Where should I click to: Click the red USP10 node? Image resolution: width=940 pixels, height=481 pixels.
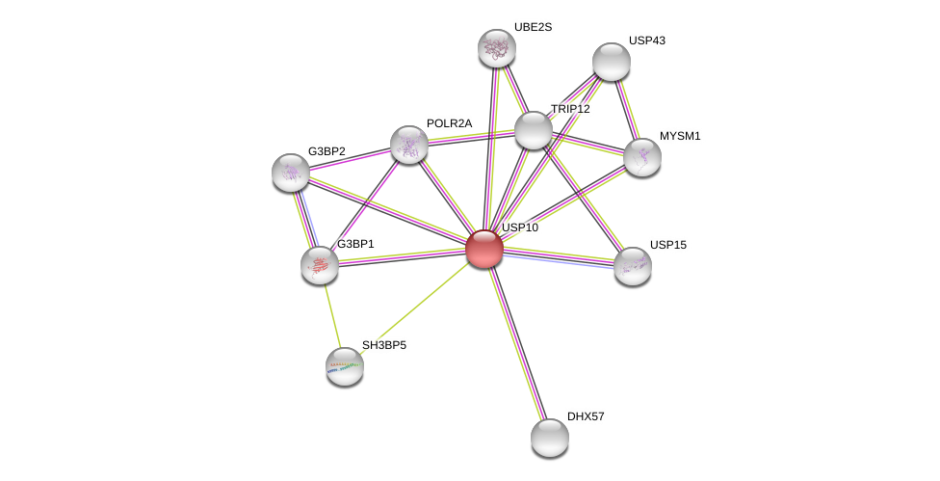483,248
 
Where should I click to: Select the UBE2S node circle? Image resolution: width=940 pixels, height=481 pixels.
497,48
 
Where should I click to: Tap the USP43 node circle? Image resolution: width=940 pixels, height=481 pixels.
611,62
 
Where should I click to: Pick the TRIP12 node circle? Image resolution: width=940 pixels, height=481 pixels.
533,130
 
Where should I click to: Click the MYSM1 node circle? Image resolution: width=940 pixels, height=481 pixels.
641,157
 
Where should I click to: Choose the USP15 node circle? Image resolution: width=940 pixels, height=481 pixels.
632,265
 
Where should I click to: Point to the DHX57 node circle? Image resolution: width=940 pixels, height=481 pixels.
549,438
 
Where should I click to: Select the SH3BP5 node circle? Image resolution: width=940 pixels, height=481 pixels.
344,365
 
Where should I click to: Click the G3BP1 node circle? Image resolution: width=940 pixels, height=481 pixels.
319,265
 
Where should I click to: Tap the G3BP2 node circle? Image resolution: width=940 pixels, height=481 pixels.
290,173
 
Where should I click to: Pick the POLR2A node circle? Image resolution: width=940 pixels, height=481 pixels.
408,145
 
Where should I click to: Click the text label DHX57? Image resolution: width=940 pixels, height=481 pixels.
586,416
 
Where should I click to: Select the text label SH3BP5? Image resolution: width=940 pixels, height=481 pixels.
384,345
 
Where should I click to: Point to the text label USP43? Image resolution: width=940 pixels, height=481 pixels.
646,40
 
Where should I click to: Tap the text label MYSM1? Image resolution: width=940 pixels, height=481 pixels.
680,136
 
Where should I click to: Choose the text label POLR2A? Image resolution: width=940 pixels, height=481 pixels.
449,123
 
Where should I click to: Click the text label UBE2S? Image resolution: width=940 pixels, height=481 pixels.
533,27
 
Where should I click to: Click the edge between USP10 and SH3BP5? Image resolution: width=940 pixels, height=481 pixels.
414,307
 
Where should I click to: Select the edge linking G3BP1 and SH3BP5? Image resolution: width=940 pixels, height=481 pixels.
331,315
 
